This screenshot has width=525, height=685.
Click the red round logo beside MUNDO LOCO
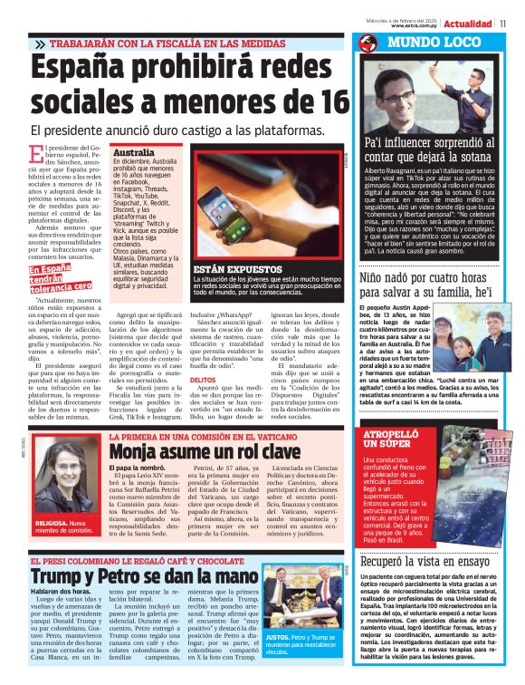(368, 43)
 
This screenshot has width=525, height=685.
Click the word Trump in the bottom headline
(62, 575)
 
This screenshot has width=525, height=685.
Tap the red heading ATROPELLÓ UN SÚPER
(388, 439)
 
